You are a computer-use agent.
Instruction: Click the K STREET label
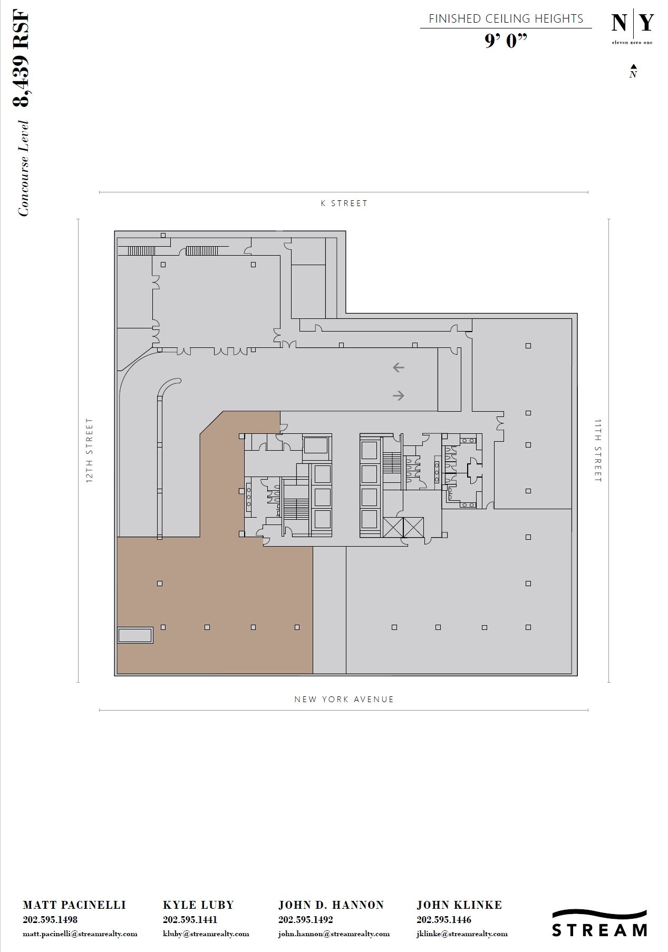344,203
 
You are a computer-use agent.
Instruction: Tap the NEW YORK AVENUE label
344,700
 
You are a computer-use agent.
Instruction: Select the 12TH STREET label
90,451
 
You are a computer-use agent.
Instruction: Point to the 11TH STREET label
597,451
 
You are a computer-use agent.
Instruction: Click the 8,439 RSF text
21,58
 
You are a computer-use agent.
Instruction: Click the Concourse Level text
23,168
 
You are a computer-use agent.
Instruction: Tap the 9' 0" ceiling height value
506,41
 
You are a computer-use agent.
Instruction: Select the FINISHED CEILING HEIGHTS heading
506,19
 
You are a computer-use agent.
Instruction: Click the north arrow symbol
633,71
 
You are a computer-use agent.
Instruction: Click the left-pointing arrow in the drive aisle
398,367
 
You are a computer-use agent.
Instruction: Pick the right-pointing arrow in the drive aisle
398,395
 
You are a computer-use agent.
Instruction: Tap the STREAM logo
599,923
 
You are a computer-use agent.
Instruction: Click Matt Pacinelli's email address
80,934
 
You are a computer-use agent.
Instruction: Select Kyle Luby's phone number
190,919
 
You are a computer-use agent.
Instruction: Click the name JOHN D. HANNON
331,905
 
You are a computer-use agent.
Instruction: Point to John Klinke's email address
462,934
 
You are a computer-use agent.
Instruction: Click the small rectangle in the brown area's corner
135,635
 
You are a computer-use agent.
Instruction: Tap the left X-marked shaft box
393,527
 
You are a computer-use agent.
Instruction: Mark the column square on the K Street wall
163,235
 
